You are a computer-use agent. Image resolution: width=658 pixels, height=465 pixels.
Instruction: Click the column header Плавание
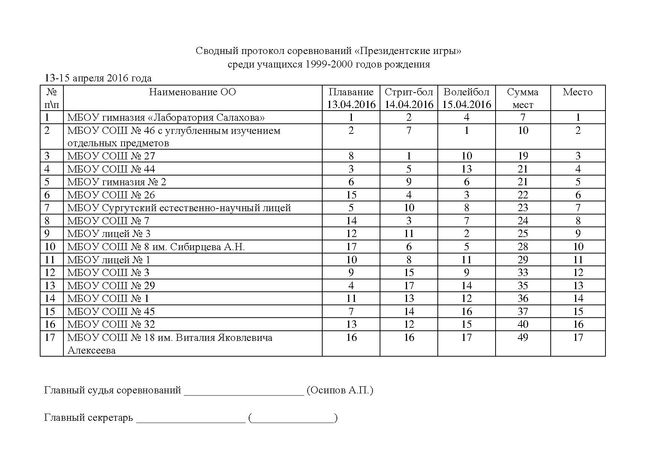click(x=351, y=92)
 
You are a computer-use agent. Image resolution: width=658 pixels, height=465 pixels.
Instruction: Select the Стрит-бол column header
click(x=409, y=92)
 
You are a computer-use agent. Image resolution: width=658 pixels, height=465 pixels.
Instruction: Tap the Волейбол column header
click(x=466, y=92)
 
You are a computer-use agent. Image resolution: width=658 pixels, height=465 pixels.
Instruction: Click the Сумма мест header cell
click(x=523, y=98)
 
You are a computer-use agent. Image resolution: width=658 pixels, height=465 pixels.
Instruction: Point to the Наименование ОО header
click(x=192, y=92)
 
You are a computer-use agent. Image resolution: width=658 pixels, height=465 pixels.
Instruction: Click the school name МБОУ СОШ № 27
click(x=111, y=156)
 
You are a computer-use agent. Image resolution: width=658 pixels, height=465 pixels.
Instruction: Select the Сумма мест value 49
click(x=523, y=337)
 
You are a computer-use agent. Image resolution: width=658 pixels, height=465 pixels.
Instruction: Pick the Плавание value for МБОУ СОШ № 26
click(x=351, y=195)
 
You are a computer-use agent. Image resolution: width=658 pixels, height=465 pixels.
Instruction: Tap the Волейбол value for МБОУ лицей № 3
click(x=466, y=234)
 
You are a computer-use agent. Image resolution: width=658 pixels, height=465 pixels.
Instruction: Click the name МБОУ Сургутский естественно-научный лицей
click(x=179, y=208)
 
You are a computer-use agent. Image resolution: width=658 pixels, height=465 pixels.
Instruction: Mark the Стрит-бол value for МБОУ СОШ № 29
click(x=409, y=286)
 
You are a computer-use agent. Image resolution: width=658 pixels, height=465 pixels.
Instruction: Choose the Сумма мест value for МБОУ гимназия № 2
click(x=523, y=182)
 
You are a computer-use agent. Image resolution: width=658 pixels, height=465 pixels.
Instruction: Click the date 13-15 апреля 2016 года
click(x=98, y=78)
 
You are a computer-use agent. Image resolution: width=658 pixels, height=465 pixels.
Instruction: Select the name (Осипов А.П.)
click(x=340, y=390)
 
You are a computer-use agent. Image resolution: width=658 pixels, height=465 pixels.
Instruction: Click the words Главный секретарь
click(x=89, y=417)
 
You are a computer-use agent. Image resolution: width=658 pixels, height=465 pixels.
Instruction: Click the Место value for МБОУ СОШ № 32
click(x=578, y=324)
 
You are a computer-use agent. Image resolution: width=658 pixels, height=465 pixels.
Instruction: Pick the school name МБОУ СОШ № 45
click(x=111, y=312)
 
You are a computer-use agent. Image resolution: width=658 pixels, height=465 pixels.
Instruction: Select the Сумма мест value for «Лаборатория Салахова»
click(x=523, y=117)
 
